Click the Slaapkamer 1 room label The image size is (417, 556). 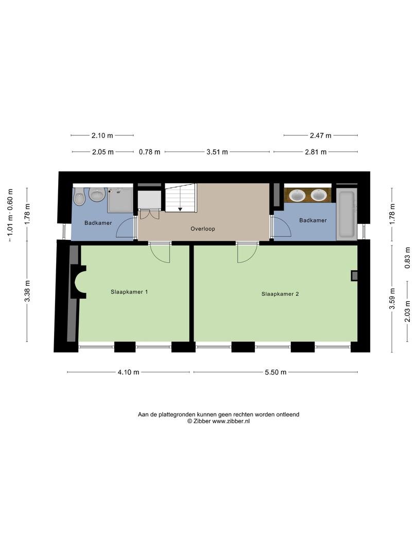[129, 292]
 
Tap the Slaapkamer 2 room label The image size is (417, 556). [280, 294]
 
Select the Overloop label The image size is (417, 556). [203, 229]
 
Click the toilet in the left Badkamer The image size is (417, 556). [79, 197]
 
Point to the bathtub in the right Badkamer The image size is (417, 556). [346, 214]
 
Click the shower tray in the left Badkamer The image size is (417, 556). [120, 199]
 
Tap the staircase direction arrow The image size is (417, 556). [180, 209]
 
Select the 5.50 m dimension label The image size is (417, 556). [275, 372]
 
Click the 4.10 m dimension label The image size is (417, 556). [128, 372]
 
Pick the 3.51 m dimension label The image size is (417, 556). [217, 152]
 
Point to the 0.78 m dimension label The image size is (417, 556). [149, 152]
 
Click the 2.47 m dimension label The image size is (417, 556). [321, 135]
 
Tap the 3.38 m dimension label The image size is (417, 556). [27, 291]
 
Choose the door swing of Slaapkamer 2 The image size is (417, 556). [247, 253]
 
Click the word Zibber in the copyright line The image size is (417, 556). [202, 421]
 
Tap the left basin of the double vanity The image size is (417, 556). [297, 195]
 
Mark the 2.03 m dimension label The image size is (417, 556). [408, 311]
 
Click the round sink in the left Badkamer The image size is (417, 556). [96, 194]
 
